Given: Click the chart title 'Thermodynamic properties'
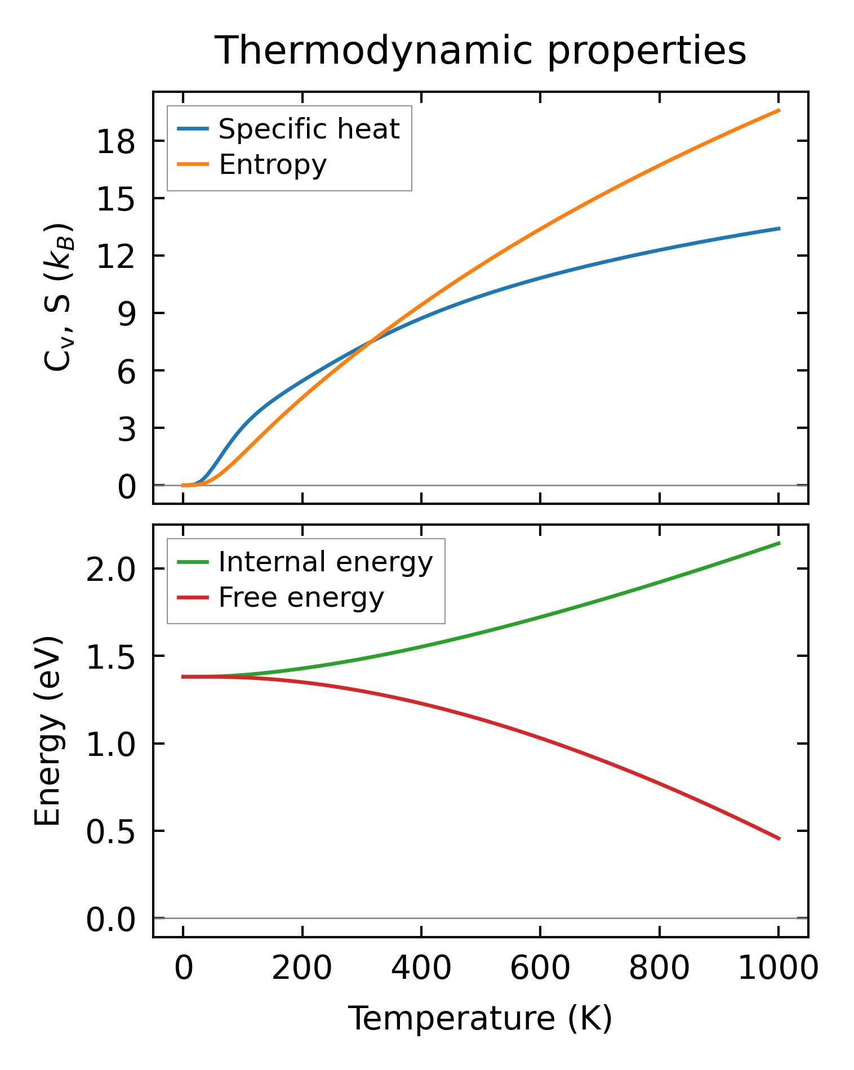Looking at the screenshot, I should click(x=481, y=51).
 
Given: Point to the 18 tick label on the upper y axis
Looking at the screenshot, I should click(x=117, y=141).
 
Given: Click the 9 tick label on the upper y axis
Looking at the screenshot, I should click(x=126, y=314).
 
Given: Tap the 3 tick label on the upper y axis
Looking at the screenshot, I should click(x=126, y=428).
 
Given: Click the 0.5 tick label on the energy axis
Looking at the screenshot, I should click(x=110, y=832).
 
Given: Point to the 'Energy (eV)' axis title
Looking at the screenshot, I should click(x=47, y=731).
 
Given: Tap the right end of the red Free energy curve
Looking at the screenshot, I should click(x=779, y=839).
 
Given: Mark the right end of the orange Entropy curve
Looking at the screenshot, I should click(x=779, y=110).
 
